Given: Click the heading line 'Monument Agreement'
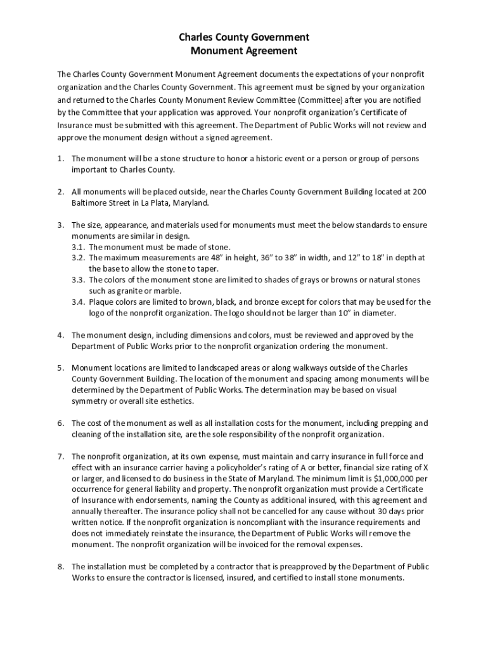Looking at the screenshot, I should click(244, 51).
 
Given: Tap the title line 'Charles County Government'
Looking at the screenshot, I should click(244, 37).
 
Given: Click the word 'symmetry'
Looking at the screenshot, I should click(89, 401).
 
